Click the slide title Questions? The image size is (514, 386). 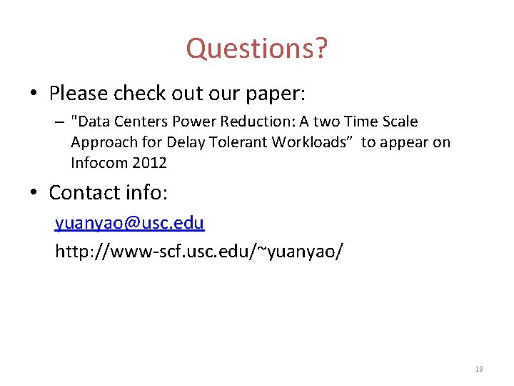pos(257,49)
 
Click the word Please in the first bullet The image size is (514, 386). pos(78,94)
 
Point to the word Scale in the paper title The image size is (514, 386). pos(398,122)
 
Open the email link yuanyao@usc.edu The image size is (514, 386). pos(130,223)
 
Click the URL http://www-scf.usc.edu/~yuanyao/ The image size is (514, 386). pos(199,252)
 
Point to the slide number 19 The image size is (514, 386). pos(478,370)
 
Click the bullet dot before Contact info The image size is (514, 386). pos(34,193)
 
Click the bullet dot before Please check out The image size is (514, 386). pos(34,94)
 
